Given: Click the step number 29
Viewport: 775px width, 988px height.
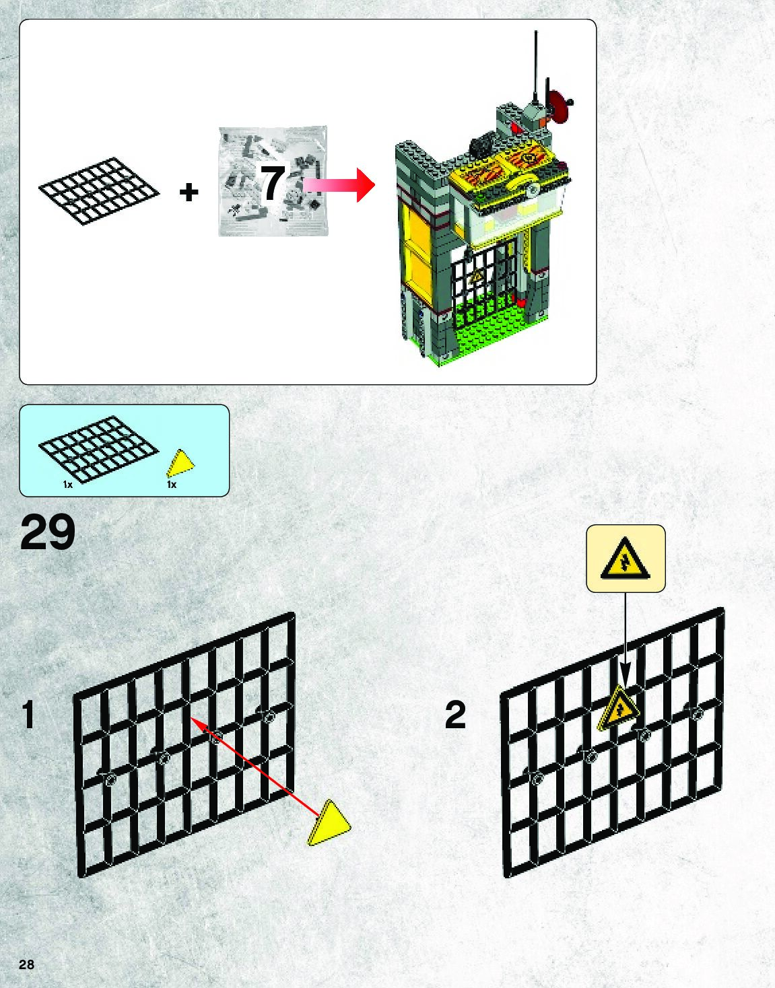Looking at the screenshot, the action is [48, 534].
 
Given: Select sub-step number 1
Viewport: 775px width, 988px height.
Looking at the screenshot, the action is [28, 715].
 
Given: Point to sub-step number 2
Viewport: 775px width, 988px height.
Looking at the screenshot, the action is [455, 715].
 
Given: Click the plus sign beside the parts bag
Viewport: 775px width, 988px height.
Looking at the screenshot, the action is [189, 192].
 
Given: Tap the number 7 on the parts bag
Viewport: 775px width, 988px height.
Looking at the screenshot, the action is [273, 183].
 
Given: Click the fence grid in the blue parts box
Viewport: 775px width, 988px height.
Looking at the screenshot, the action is [99, 448].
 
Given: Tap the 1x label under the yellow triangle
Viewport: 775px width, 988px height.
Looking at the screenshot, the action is [172, 485].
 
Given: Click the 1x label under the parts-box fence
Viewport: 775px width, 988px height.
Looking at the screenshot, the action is [68, 485].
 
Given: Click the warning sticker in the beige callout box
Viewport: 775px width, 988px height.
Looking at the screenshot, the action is [626, 558].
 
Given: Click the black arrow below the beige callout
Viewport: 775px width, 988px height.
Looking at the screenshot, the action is [626, 646].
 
